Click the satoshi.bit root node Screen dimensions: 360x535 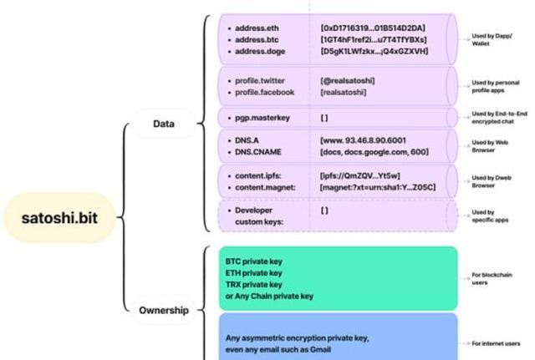click(x=60, y=220)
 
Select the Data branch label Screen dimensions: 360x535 click(x=163, y=124)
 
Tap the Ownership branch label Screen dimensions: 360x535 click(x=163, y=311)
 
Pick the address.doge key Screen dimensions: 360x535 click(x=262, y=51)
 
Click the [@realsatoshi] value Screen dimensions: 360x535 click(x=348, y=81)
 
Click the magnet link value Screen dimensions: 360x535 click(x=377, y=188)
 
